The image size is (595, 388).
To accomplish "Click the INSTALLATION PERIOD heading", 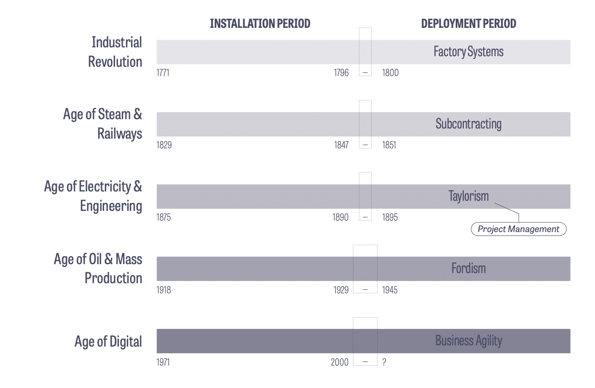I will [260, 24].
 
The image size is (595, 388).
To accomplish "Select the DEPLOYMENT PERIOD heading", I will [468, 24].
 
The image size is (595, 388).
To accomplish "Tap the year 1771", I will [163, 73].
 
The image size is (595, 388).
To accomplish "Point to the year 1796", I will [341, 73].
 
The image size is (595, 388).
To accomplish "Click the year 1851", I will [389, 145].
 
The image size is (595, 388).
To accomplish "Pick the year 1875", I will [164, 217].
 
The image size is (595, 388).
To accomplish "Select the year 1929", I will [341, 290].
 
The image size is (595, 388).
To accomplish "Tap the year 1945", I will [390, 290].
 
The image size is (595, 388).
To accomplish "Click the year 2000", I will [340, 362].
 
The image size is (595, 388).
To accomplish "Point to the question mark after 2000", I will [384, 362].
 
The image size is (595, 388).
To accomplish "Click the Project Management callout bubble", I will [518, 229].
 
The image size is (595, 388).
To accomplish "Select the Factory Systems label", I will [468, 52].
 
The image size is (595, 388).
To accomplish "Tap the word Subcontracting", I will [468, 124].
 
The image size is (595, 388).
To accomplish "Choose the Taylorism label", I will [468, 196].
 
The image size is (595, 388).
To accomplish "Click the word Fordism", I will [468, 268].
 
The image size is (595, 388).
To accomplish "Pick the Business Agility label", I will [468, 341].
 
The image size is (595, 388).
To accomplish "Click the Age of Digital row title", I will [108, 342].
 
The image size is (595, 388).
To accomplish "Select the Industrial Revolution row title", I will [115, 52].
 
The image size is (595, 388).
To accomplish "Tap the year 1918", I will [164, 290].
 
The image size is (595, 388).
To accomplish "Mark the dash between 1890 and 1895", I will [365, 218].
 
